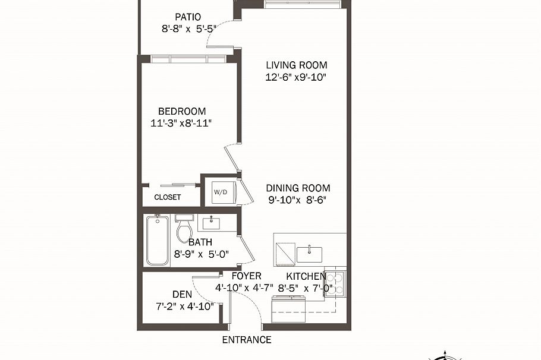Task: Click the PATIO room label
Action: click(x=188, y=17)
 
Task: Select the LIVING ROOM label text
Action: click(x=296, y=65)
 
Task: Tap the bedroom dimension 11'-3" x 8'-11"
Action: click(x=182, y=123)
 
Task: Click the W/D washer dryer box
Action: click(x=220, y=192)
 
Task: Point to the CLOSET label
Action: click(x=168, y=197)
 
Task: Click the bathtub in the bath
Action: click(x=158, y=241)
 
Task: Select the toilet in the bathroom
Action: click(x=184, y=230)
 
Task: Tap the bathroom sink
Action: click(x=210, y=224)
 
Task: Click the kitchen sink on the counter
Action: click(x=309, y=254)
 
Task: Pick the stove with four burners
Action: click(x=335, y=283)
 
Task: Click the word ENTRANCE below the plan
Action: click(x=247, y=340)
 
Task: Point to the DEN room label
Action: click(x=182, y=294)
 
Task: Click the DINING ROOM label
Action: click(x=298, y=188)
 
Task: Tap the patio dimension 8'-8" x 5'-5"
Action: click(x=188, y=28)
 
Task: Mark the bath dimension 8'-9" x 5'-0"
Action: click(x=202, y=254)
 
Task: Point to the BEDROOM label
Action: click(x=182, y=111)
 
